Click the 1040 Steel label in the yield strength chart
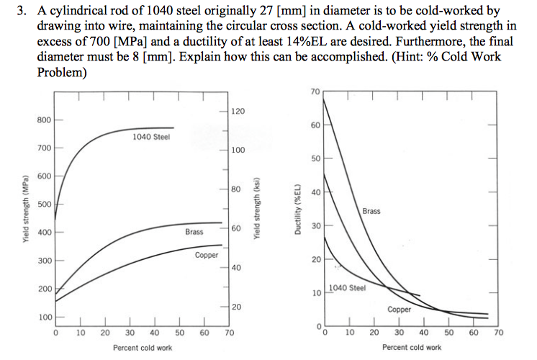point(152,137)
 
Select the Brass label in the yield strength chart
point(194,232)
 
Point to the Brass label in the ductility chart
point(371,211)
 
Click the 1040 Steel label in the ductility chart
point(348,288)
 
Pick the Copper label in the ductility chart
point(400,309)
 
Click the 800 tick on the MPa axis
point(44,119)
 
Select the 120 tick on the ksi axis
point(238,112)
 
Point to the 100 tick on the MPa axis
point(44,317)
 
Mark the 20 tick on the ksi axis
point(238,307)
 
